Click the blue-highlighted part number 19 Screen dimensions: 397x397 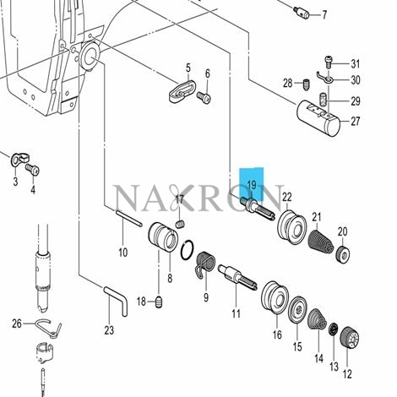click(252, 185)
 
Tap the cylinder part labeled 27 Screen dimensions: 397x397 click(318, 118)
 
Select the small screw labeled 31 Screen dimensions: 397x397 click(329, 62)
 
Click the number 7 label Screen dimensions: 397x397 click(324, 14)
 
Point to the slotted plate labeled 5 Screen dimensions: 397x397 click(182, 91)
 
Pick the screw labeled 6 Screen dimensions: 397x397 click(204, 98)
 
